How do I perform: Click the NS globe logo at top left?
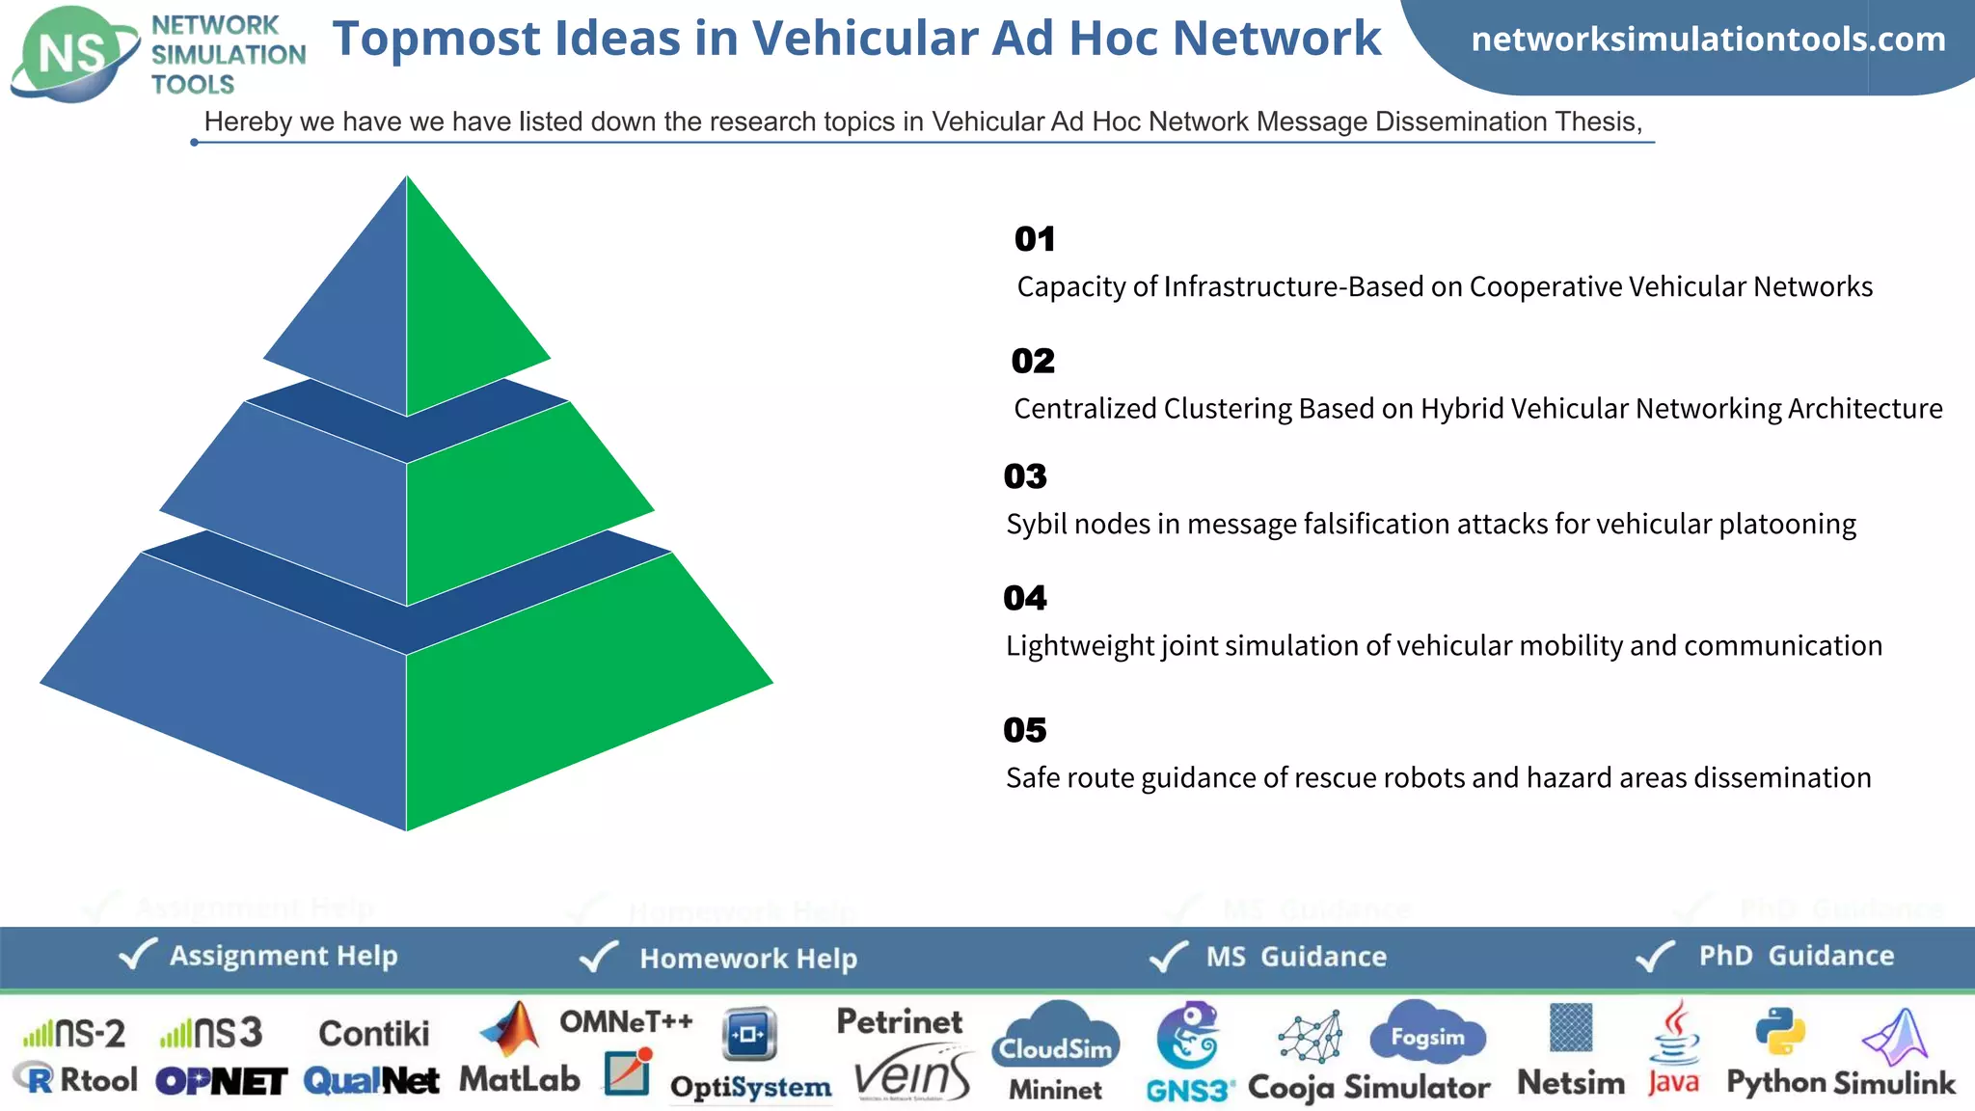(x=73, y=53)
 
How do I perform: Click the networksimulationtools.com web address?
(x=1708, y=40)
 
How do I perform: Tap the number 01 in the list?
(x=1035, y=239)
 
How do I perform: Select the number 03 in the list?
(x=1024, y=476)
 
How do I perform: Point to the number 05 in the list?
(x=1024, y=730)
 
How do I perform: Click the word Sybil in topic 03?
(x=1037, y=525)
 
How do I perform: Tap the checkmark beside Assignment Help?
(x=137, y=955)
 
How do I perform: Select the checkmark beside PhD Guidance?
(x=1656, y=956)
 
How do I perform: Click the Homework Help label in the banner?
(x=748, y=959)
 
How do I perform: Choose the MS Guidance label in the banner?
(x=1296, y=957)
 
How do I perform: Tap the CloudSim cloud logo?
(x=1056, y=1038)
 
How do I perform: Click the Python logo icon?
(x=1779, y=1032)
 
